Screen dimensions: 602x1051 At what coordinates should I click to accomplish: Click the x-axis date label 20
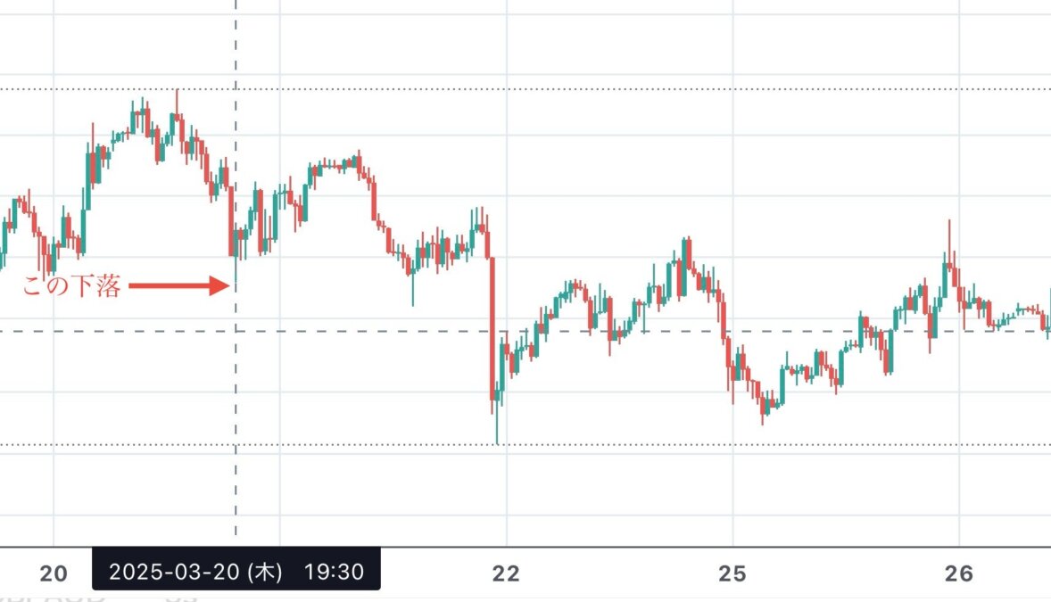(54, 573)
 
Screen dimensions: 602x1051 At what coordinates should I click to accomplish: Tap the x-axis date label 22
(506, 573)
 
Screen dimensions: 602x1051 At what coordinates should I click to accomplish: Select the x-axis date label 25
(732, 573)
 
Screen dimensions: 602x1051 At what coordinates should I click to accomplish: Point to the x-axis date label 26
(958, 573)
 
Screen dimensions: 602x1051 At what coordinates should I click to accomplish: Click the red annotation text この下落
(71, 287)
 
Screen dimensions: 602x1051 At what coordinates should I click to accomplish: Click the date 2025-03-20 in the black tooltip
(174, 571)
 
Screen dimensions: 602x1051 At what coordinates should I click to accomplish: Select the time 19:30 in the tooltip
(334, 571)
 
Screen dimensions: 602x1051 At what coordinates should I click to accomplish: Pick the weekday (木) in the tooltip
(265, 571)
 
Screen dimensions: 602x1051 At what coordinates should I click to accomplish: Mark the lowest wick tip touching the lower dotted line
(497, 442)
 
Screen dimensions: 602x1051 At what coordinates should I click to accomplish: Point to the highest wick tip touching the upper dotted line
(177, 90)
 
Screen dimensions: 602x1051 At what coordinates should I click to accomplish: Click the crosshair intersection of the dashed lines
(236, 331)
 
